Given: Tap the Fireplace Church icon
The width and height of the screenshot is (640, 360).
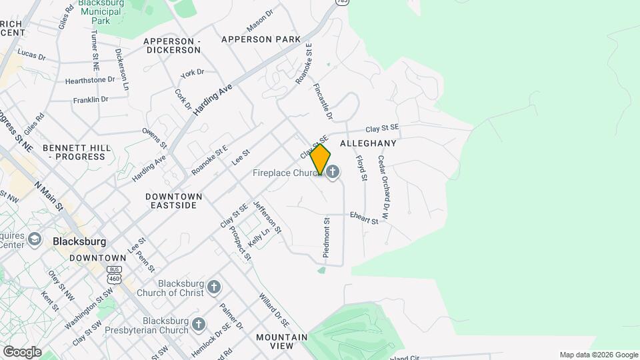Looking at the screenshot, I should (332, 173).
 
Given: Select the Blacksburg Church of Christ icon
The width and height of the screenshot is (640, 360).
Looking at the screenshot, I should (214, 287).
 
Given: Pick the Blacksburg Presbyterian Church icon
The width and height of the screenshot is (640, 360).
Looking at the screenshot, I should (199, 325).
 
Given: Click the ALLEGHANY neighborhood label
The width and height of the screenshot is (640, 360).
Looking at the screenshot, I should (368, 143).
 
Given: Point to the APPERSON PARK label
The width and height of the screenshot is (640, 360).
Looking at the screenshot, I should (256, 39).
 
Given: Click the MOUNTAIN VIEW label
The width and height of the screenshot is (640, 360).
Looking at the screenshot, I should (282, 341).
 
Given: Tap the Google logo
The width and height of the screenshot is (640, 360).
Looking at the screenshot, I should (22, 351).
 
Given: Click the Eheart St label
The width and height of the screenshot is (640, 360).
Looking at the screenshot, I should (364, 217).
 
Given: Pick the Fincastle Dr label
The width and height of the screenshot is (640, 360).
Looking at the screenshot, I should (323, 101).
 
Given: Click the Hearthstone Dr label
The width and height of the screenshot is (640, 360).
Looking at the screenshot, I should (90, 80).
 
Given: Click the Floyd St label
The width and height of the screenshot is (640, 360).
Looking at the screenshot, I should (361, 167).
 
